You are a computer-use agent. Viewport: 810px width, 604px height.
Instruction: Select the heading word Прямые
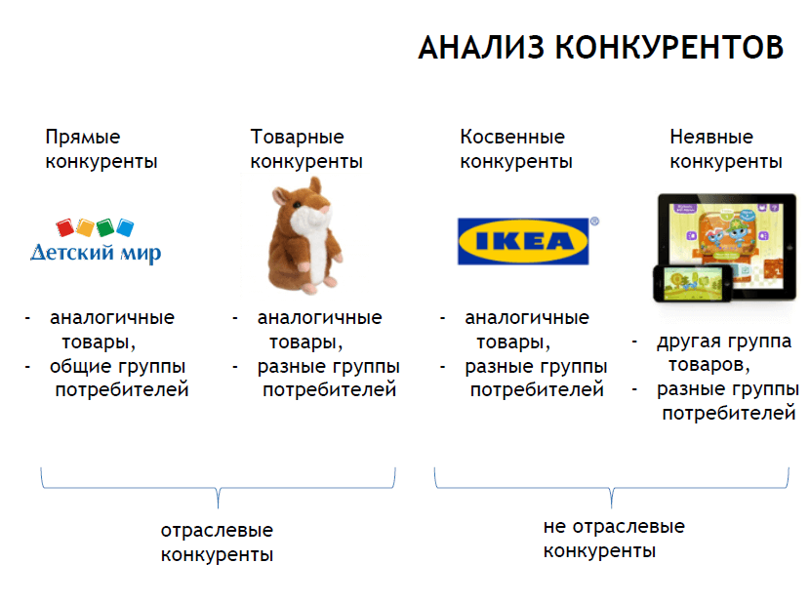click(83, 138)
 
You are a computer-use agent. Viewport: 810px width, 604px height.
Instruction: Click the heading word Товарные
click(297, 138)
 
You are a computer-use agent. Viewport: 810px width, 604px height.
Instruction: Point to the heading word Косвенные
click(511, 138)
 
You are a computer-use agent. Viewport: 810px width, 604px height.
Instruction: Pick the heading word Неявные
click(711, 138)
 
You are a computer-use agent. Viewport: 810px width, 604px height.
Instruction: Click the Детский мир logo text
click(96, 254)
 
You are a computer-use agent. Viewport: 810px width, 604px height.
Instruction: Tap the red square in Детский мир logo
click(66, 228)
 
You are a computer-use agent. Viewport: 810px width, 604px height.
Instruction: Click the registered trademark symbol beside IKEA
click(595, 222)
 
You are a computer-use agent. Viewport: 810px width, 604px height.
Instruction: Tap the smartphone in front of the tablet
click(688, 282)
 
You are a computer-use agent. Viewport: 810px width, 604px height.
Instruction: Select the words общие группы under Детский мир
click(117, 367)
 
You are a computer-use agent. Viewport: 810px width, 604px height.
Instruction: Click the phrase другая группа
click(723, 342)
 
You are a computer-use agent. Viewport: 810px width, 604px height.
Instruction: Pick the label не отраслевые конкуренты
click(613, 539)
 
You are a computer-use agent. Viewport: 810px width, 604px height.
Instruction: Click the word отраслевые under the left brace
click(217, 531)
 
